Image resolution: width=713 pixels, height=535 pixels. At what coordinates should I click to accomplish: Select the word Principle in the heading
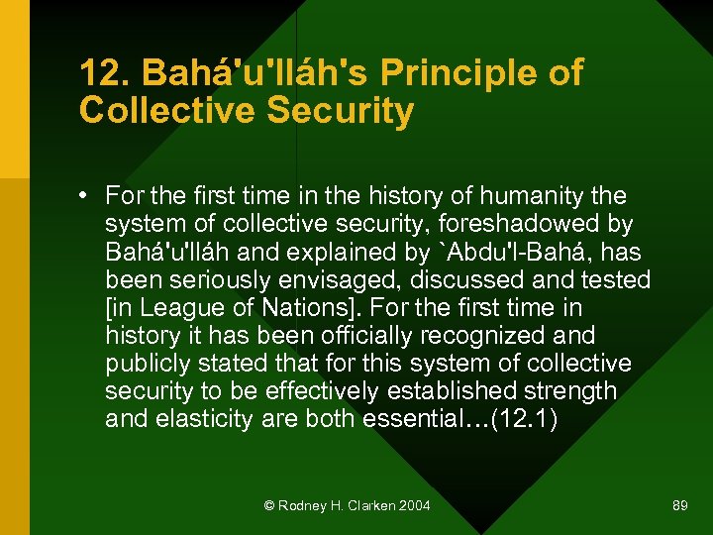click(x=437, y=72)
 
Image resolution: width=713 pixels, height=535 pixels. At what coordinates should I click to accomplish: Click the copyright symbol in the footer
click(x=268, y=505)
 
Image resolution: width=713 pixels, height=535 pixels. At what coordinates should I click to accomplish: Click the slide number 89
click(x=679, y=505)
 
